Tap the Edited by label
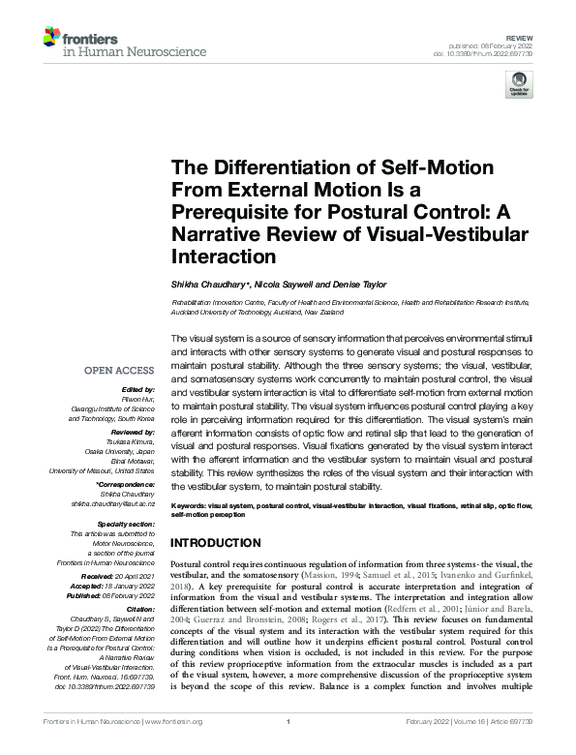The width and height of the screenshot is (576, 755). [136, 387]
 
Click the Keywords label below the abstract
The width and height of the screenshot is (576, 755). [190, 506]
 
